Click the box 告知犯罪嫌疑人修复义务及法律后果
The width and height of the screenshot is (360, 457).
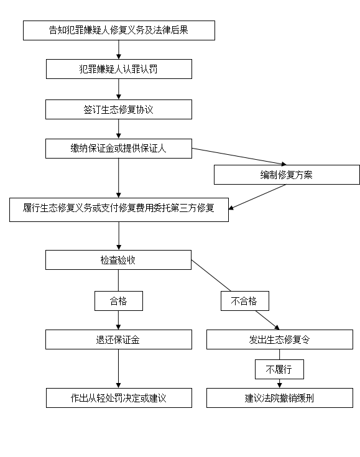coord(119,30)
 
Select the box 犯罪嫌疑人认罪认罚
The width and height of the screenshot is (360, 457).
coord(119,69)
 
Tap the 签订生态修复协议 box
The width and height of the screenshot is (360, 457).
coord(119,109)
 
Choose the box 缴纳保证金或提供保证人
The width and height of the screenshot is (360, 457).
coord(119,149)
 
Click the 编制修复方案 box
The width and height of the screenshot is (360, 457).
coord(287,175)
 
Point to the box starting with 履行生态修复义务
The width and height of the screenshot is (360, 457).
coord(119,210)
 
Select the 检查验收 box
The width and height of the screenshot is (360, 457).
coord(118,260)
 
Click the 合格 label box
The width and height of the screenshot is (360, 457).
coord(119,301)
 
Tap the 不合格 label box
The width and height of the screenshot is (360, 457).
coord(245,301)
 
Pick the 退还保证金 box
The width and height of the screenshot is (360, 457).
coord(119,339)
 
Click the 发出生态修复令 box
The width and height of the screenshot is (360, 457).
coord(280,339)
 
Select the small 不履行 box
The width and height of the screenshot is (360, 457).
coord(280,369)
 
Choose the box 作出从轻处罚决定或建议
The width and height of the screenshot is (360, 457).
coord(119,398)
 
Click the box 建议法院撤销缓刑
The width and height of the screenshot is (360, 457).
coord(280,398)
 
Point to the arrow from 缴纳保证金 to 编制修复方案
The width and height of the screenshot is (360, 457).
coord(239,157)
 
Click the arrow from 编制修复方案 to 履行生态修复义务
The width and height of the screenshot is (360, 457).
coord(257,197)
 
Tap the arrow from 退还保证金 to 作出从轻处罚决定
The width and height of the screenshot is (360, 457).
coord(119,369)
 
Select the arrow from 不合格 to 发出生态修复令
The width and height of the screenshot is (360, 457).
coord(267,320)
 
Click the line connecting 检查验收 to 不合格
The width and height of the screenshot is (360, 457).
coord(211,275)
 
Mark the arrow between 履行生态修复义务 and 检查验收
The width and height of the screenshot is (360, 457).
coord(119,236)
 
